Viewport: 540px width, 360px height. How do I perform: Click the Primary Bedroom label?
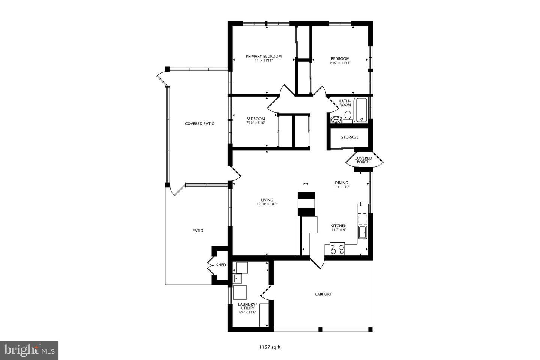pos(264,56)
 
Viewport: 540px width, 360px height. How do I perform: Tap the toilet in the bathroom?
pos(348,117)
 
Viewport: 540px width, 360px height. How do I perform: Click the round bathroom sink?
pos(336,120)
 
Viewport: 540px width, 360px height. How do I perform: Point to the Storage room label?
pos(349,137)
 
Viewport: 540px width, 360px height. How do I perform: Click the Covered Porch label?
pos(363,160)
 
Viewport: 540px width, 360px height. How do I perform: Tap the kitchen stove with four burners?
pos(337,249)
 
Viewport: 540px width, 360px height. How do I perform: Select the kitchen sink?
pos(363,232)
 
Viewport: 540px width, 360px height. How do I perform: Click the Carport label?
pos(323,294)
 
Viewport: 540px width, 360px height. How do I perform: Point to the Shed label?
pos(221,265)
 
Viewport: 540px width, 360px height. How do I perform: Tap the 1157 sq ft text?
pos(270,347)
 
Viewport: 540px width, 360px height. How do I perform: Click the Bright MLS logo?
pos(29,350)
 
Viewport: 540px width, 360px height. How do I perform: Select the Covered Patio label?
pos(199,124)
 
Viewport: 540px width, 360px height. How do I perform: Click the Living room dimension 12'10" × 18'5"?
pos(267,204)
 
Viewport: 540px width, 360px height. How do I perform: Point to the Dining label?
pos(341,183)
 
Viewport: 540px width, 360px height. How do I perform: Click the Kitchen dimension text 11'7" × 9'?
pos(338,230)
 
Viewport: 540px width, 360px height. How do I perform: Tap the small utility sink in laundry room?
pos(238,278)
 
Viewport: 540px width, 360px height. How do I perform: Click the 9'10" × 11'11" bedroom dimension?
pos(340,63)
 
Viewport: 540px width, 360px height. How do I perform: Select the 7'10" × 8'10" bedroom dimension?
pos(256,123)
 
